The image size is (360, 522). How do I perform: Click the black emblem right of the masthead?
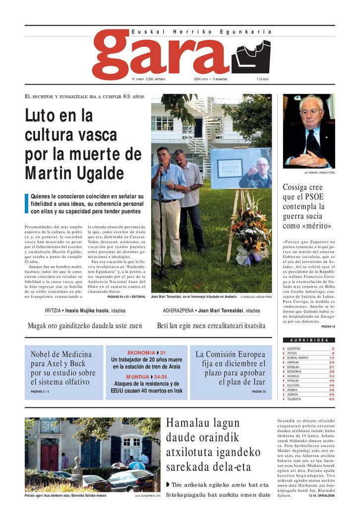click(x=251, y=57)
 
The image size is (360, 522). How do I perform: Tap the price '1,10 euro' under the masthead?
click(x=262, y=79)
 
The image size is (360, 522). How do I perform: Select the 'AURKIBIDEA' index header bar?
click(x=309, y=340)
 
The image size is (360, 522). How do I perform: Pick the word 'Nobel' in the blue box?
click(x=44, y=354)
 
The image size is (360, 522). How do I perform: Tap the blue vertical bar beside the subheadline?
click(x=27, y=204)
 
